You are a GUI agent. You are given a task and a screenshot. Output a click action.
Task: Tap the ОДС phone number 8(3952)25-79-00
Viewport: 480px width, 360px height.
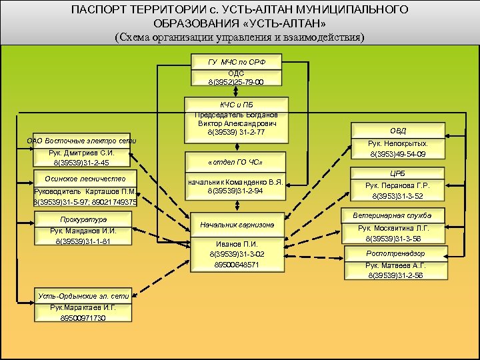(237, 82)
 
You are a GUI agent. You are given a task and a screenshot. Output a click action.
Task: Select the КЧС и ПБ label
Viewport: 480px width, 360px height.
(237, 105)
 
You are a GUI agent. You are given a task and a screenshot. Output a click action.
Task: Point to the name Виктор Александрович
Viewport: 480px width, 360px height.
(237, 123)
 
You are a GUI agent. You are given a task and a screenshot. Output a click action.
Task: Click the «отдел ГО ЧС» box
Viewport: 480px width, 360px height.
(237, 162)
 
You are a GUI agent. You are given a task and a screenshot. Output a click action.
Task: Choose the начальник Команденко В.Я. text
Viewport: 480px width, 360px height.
(237, 181)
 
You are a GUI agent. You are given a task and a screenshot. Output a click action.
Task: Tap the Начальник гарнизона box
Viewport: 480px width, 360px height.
(237, 225)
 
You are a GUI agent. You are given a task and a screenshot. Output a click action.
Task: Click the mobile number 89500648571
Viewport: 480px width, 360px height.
(237, 264)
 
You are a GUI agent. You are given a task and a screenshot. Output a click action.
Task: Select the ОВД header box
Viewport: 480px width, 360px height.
(399, 130)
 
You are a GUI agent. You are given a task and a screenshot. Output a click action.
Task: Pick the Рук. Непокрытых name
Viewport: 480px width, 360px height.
(399, 143)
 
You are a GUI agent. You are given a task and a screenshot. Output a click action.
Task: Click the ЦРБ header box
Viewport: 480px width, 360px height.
(399, 173)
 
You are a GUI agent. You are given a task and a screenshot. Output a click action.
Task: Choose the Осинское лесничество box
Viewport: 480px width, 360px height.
(85, 178)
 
